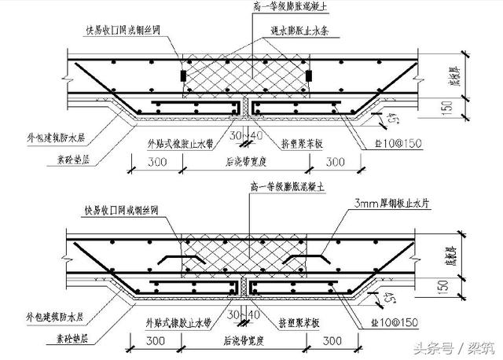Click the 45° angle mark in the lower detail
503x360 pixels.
pyautogui.click(x=388, y=299)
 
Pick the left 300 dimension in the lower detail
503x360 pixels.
pyautogui.click(x=156, y=342)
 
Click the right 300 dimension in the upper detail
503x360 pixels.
pyautogui.click(x=336, y=162)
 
